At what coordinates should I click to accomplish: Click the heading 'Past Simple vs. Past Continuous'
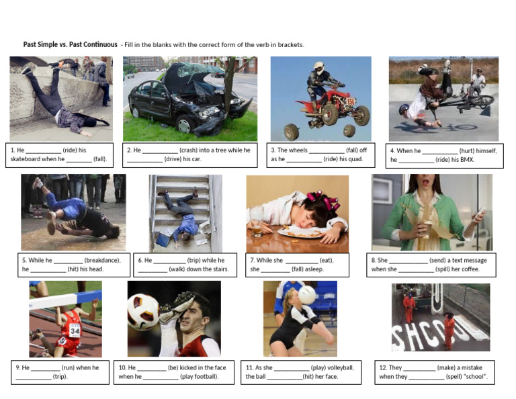(x=70, y=45)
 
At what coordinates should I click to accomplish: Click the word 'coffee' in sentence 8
(x=468, y=269)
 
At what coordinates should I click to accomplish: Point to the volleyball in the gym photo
(x=307, y=295)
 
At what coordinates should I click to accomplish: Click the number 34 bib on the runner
(x=75, y=330)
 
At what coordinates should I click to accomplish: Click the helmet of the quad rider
(x=318, y=68)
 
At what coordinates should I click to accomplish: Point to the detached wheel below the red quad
(x=292, y=131)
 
